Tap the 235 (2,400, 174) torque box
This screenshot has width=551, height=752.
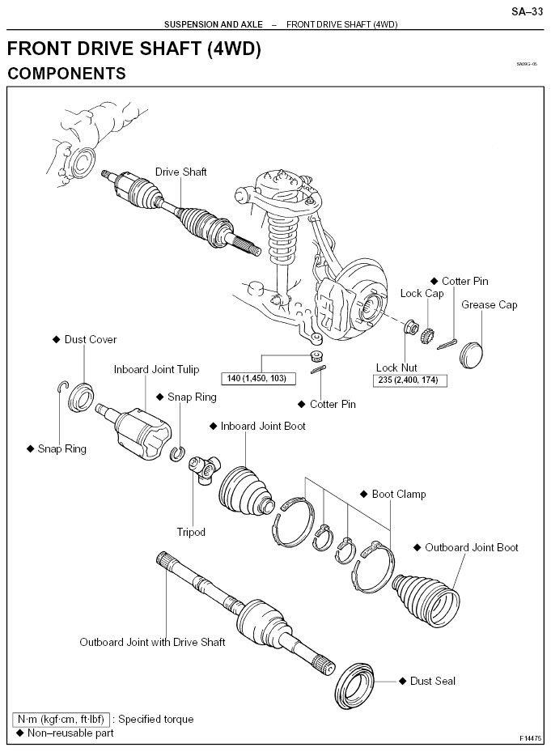pos(408,380)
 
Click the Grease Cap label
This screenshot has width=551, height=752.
pos(489,305)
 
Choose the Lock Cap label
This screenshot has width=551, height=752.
pos(422,293)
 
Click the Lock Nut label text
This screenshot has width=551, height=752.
pos(397,367)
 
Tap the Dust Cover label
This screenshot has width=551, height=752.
pos(91,339)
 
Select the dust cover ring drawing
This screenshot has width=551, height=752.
pos(82,396)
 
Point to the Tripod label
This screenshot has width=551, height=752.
pos(191,532)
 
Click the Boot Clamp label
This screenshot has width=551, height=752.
pos(398,494)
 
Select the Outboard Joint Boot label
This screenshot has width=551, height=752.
pos(471,547)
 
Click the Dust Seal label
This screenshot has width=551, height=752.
pos(433,682)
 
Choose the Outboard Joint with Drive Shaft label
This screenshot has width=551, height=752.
pos(152,642)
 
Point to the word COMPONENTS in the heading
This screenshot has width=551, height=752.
pos(66,74)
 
